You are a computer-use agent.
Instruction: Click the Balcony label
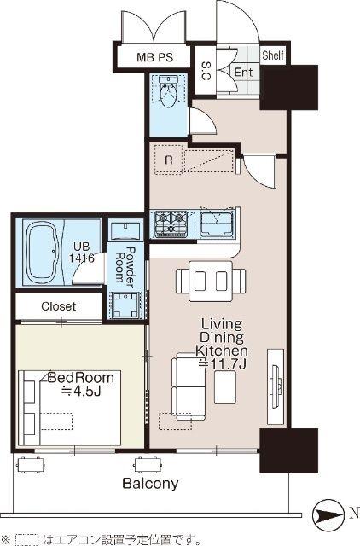(150, 484)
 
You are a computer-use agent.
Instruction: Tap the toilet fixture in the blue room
(168, 91)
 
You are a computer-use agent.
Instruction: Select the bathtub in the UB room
(43, 253)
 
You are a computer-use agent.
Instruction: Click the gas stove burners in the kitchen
(171, 224)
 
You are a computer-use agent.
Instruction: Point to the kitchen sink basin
(217, 224)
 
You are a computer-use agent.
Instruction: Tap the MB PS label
(154, 57)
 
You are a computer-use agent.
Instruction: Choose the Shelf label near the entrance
(273, 55)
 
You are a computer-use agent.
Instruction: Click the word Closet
(59, 306)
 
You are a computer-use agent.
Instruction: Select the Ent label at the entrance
(243, 73)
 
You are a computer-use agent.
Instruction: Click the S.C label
(206, 71)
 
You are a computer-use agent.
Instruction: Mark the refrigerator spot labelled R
(169, 160)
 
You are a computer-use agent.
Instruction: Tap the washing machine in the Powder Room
(125, 305)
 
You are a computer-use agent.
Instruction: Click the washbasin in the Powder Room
(125, 230)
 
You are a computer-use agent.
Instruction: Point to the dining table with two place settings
(211, 281)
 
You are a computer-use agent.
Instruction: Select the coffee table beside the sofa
(225, 386)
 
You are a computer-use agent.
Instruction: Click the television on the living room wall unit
(276, 386)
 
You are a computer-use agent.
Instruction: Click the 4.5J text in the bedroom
(81, 392)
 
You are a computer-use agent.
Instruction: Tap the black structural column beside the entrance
(289, 87)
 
